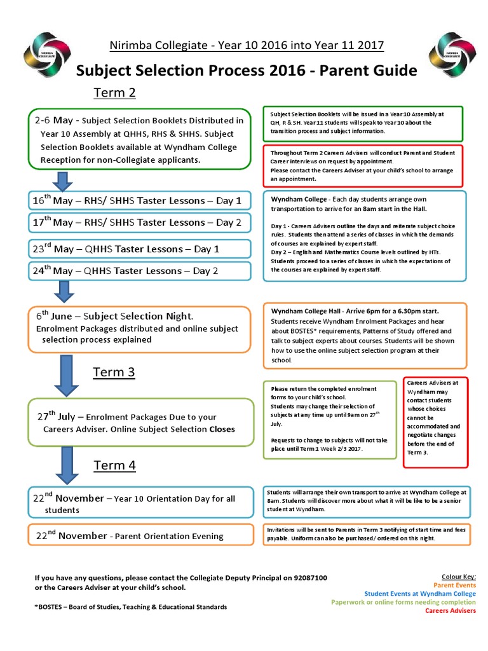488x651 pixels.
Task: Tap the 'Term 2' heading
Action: click(115, 93)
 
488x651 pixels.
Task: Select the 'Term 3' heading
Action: click(114, 372)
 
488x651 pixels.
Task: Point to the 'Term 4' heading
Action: click(115, 465)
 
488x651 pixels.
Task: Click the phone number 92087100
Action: click(311, 578)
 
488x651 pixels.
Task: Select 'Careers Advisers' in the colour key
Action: click(451, 610)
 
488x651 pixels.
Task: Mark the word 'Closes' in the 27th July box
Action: click(222, 429)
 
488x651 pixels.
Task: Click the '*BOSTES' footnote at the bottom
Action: click(131, 607)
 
